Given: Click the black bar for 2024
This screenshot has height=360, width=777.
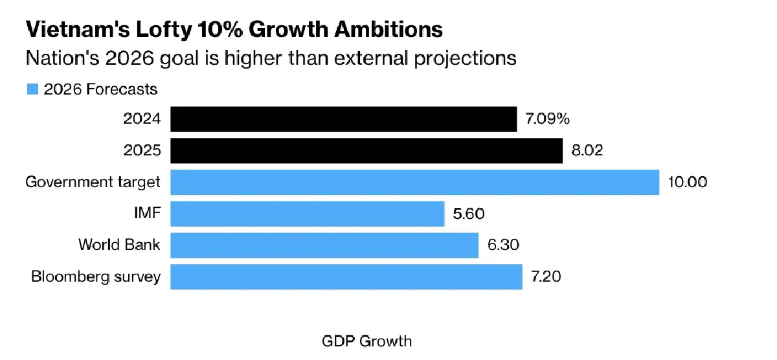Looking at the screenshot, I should pyautogui.click(x=343, y=120).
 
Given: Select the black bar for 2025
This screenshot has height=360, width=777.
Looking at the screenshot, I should pyautogui.click(x=366, y=151).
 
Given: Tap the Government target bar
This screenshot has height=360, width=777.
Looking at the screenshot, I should pyautogui.click(x=414, y=182).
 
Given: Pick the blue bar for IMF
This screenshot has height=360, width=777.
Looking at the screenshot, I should pyautogui.click(x=307, y=214).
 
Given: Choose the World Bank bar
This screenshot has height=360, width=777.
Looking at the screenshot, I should pyautogui.click(x=324, y=245).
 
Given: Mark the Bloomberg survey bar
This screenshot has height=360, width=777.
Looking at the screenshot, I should pyautogui.click(x=346, y=276).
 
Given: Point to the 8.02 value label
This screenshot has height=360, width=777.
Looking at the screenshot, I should pyautogui.click(x=588, y=151).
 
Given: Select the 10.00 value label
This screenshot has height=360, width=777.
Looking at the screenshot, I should pyautogui.click(x=687, y=182).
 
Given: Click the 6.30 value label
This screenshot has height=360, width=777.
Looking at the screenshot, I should pyautogui.click(x=504, y=245).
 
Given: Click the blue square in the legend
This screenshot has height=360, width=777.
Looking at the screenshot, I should pyautogui.click(x=32, y=89).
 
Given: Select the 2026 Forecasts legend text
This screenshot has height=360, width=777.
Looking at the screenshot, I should pyautogui.click(x=100, y=89).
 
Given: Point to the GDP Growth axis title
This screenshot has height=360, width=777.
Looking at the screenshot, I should pyautogui.click(x=366, y=341).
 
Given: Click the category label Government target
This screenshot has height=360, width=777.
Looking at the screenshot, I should pyautogui.click(x=93, y=182).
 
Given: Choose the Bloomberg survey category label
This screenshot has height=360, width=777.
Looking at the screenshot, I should pyautogui.click(x=96, y=276).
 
